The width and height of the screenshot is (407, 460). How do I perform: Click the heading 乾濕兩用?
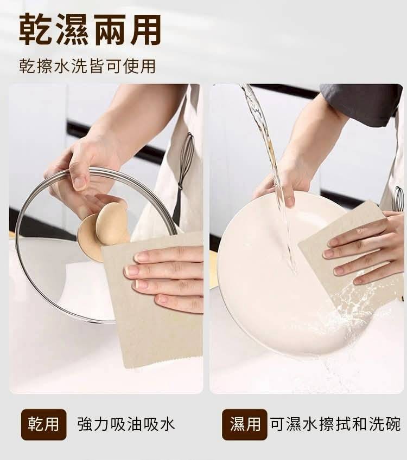(90, 29)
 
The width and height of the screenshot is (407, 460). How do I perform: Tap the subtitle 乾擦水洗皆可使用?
(87, 66)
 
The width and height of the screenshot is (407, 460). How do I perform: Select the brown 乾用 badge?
(44, 424)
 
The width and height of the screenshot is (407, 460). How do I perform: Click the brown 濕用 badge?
(245, 424)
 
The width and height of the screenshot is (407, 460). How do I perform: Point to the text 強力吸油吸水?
(126, 424)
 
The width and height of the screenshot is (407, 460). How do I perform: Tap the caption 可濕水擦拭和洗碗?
(335, 424)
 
